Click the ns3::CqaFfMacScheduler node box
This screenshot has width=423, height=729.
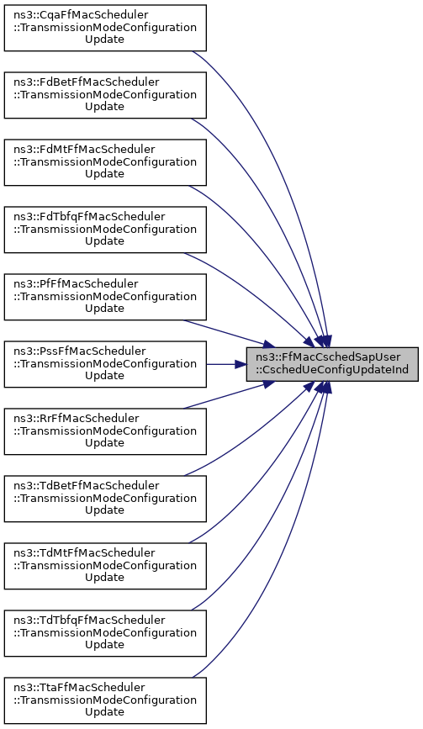click(105, 28)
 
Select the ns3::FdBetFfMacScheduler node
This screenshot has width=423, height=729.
click(105, 95)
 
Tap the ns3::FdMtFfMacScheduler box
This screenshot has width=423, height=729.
click(105, 162)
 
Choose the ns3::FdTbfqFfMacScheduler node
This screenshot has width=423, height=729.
click(105, 230)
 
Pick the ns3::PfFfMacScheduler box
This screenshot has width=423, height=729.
click(105, 297)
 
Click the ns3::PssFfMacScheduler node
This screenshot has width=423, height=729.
click(105, 364)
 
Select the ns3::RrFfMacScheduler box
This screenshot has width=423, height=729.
click(105, 431)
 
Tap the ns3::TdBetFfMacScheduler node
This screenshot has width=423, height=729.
click(105, 499)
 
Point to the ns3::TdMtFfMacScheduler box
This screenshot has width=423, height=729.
click(105, 566)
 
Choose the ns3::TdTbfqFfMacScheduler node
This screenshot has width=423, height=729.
click(105, 633)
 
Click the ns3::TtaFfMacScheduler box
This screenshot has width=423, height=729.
click(105, 700)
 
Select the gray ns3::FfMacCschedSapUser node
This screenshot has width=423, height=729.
click(332, 364)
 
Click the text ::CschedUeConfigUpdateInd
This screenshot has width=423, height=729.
click(332, 370)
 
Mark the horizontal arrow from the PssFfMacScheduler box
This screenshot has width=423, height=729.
click(226, 364)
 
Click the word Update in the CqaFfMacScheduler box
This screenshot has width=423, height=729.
click(104, 40)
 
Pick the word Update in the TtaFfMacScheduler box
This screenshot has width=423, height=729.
click(104, 712)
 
